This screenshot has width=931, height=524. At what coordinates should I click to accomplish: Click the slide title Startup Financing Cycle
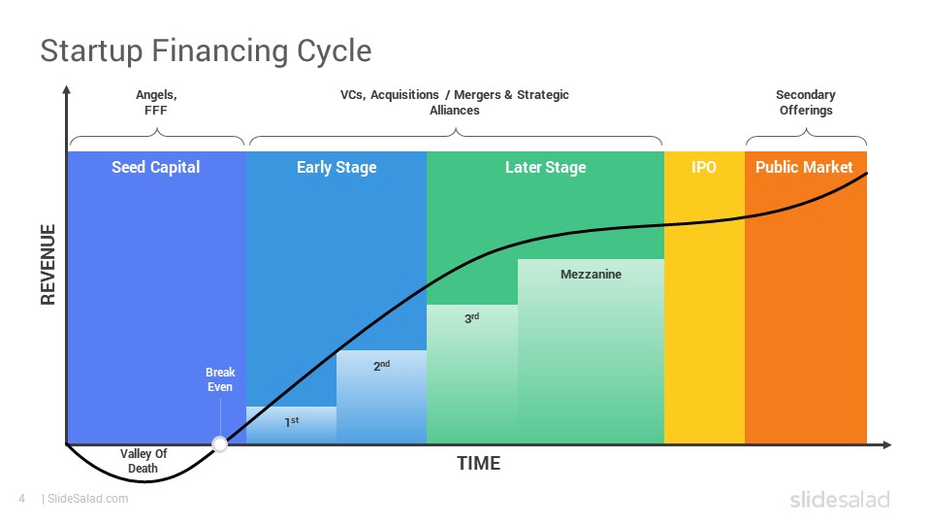tap(206, 51)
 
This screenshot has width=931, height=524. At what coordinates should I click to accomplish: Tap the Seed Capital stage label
tap(155, 167)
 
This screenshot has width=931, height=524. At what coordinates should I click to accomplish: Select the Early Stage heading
tap(337, 168)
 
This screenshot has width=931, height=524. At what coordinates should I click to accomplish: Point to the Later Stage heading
tap(546, 168)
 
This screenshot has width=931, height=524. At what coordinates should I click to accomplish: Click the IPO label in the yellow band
tap(704, 167)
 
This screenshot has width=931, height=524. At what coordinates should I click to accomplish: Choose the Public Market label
tap(804, 167)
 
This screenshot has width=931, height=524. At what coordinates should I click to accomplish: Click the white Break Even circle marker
tap(220, 444)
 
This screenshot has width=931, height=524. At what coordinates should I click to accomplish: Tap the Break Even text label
tap(220, 379)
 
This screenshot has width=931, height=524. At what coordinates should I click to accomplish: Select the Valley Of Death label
tap(144, 460)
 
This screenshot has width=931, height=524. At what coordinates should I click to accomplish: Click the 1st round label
tap(292, 422)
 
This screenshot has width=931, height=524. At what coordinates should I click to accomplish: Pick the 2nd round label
tap(381, 366)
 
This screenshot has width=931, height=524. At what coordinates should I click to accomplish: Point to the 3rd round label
tap(471, 318)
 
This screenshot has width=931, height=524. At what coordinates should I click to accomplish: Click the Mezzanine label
tap(591, 274)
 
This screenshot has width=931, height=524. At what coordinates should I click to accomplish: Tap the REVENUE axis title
tap(48, 264)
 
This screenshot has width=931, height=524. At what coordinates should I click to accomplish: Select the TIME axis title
tap(478, 464)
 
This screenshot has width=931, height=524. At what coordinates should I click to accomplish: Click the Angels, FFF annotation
tap(156, 102)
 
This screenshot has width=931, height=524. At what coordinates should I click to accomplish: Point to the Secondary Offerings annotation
tap(806, 102)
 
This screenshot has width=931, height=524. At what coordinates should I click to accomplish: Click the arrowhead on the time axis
tap(887, 444)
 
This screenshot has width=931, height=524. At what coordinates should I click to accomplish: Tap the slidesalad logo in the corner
tap(840, 499)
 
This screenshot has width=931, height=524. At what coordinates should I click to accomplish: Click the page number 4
tap(22, 499)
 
